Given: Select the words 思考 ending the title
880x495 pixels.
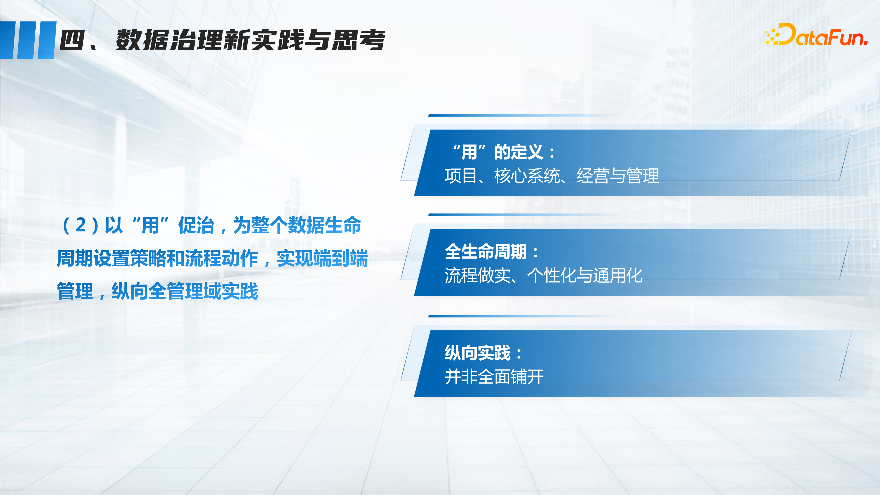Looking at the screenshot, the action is (x=359, y=40).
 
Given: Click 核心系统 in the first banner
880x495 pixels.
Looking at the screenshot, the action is (x=527, y=176).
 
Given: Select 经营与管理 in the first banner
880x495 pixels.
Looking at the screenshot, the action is (x=618, y=176).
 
